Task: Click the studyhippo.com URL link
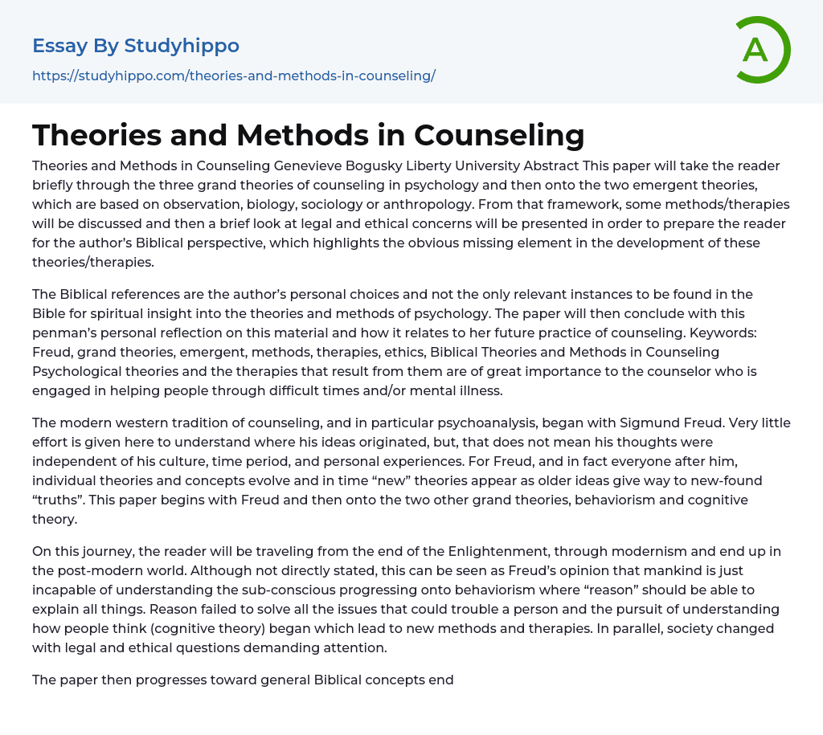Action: [x=233, y=76]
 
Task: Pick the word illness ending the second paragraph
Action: [x=481, y=390]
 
